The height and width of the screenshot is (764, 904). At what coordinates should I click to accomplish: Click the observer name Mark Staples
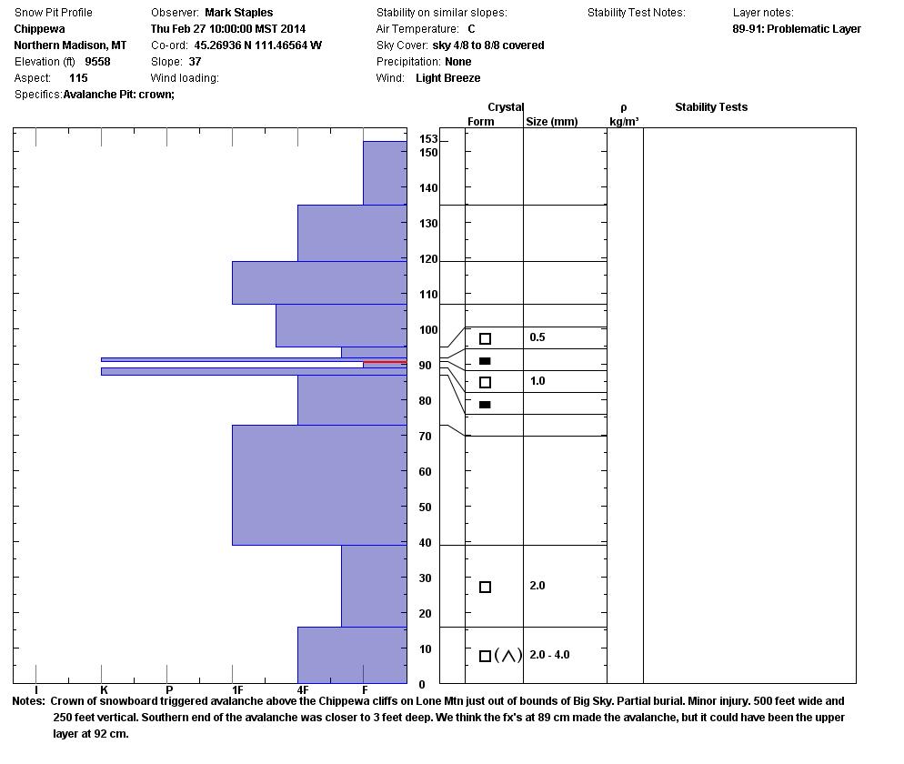(x=238, y=13)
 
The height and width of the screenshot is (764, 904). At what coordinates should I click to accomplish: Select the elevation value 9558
(x=97, y=62)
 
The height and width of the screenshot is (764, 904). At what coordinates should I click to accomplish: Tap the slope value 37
(x=195, y=62)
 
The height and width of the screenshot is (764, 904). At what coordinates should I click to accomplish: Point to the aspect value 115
(x=78, y=78)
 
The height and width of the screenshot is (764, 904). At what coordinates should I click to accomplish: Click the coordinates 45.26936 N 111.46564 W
(x=257, y=45)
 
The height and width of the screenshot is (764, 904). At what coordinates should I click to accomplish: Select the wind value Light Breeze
(x=447, y=78)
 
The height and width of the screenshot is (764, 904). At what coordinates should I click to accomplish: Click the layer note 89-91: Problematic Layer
(x=796, y=29)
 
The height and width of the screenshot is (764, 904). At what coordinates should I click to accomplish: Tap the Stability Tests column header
(x=710, y=107)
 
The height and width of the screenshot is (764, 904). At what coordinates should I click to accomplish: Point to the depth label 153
(x=428, y=139)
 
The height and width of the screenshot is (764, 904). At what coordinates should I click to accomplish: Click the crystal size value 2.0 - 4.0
(x=549, y=655)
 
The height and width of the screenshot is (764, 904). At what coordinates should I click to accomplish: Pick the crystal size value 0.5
(x=537, y=337)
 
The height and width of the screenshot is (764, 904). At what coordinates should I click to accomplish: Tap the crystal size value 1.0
(x=537, y=381)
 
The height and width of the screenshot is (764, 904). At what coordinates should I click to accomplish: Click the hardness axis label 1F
(x=236, y=690)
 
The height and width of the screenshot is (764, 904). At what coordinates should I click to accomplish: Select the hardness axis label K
(x=104, y=690)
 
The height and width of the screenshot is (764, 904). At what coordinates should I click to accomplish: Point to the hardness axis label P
(x=169, y=690)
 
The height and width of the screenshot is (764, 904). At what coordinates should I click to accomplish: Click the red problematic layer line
(x=385, y=363)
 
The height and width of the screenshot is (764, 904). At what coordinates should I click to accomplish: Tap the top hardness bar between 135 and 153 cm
(x=385, y=173)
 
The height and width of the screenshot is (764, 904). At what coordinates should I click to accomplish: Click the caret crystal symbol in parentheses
(x=508, y=656)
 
